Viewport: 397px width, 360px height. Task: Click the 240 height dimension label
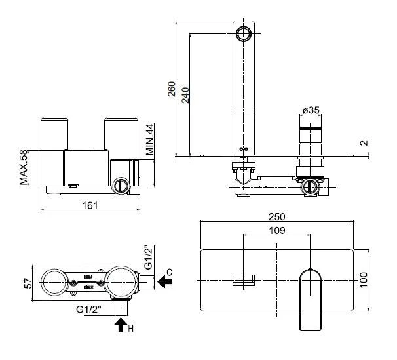click(185, 95)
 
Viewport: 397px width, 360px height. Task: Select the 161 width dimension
click(90, 205)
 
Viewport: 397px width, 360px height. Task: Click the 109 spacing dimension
click(278, 231)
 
